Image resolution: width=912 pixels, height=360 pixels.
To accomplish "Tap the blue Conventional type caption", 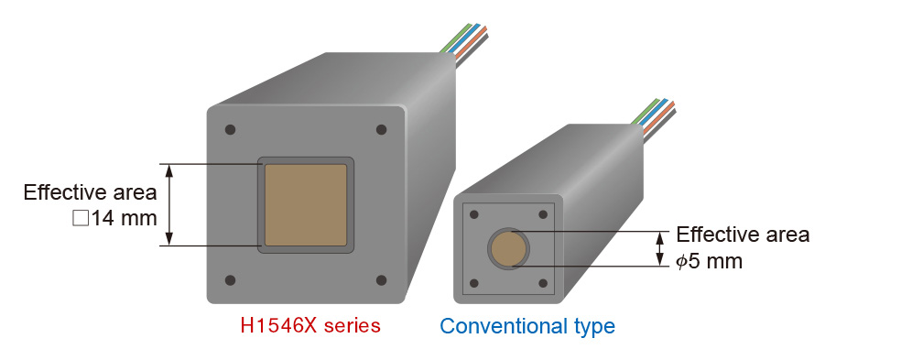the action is [x=527, y=326].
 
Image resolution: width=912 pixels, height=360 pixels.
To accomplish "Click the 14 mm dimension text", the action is [x=114, y=219].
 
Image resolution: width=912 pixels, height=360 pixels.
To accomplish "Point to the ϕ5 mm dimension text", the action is [x=709, y=261].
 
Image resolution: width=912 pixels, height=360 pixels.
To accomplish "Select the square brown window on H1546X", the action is [x=306, y=204].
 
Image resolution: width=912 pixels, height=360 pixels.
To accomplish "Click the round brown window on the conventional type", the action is [x=508, y=248].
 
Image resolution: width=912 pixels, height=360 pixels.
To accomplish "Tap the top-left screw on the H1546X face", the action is [x=231, y=130].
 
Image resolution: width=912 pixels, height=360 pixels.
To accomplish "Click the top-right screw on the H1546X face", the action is [x=382, y=129].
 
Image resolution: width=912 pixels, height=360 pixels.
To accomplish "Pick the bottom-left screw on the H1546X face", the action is [x=231, y=280].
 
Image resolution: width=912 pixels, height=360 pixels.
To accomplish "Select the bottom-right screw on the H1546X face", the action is [x=382, y=280].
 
